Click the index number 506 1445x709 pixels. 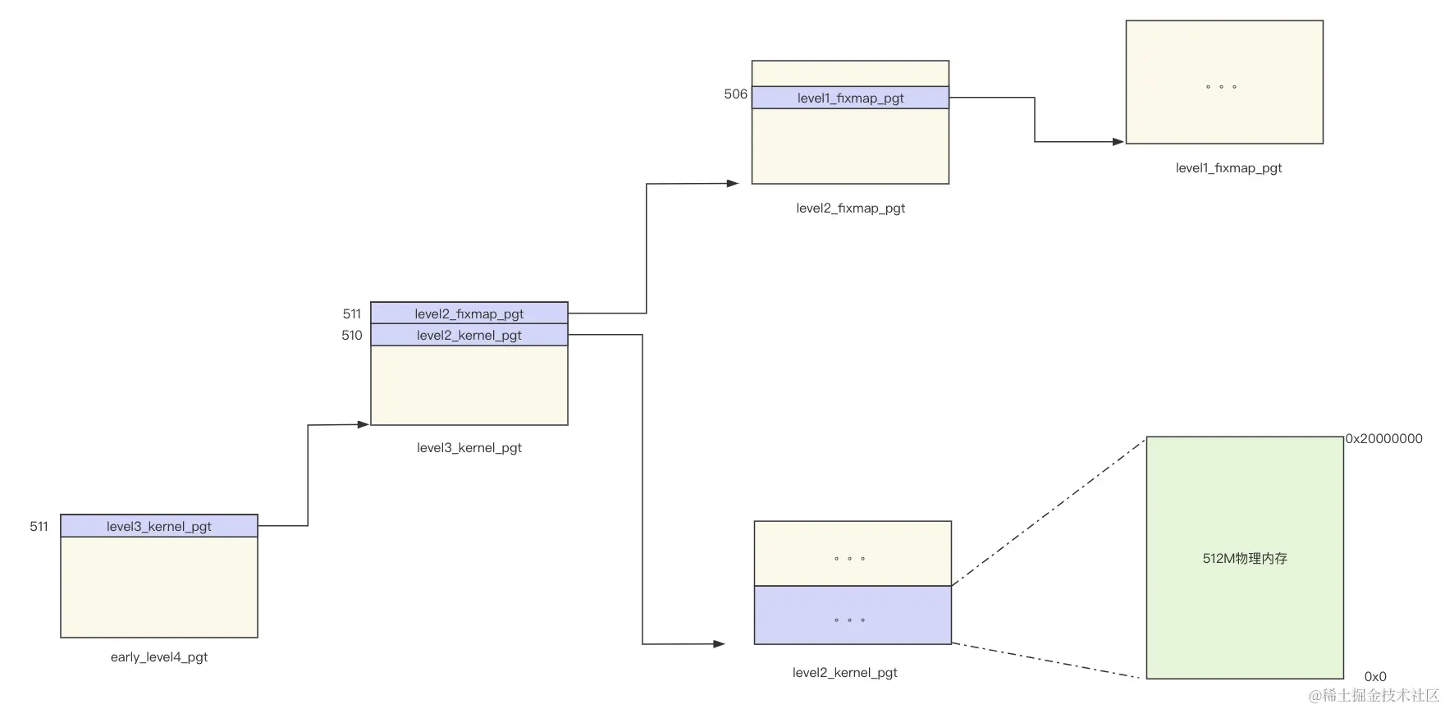coord(735,94)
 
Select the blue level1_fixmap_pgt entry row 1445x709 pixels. coord(850,98)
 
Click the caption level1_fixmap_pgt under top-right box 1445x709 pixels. coord(1228,168)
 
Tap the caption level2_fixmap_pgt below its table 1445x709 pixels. coord(850,208)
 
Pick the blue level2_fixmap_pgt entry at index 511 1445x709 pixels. coord(469,313)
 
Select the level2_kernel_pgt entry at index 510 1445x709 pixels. coord(469,335)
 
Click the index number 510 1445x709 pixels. coord(351,335)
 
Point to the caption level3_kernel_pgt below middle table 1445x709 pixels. coord(469,448)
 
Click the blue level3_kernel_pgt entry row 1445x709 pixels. coord(158,526)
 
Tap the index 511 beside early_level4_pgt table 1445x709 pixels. coord(39,526)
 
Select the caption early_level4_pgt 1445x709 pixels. coord(158,657)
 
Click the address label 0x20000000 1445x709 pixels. coord(1383,439)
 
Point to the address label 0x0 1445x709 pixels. coord(1375,677)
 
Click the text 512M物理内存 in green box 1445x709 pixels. coord(1244,558)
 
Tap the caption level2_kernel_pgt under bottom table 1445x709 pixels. coord(844,673)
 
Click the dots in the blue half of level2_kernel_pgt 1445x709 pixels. coord(849,620)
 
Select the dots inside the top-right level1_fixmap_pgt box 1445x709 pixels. coord(1221,86)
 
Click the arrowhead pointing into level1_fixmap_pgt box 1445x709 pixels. coord(1118,142)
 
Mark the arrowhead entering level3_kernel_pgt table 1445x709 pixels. coord(364,424)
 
